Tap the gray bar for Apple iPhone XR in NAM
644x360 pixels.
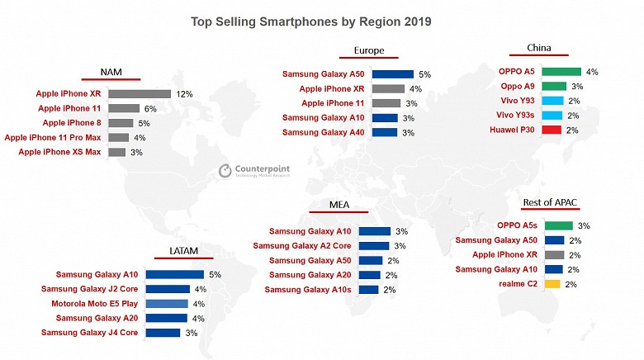[x=139, y=94]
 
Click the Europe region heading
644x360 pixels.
[x=368, y=50]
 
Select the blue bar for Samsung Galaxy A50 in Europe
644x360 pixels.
[x=391, y=74]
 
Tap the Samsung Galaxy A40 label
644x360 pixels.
[x=324, y=132]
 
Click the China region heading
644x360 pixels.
[x=539, y=48]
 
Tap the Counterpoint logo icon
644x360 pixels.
[x=225, y=170]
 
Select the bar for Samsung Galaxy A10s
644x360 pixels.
[x=369, y=290]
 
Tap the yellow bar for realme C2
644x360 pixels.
[x=552, y=284]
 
